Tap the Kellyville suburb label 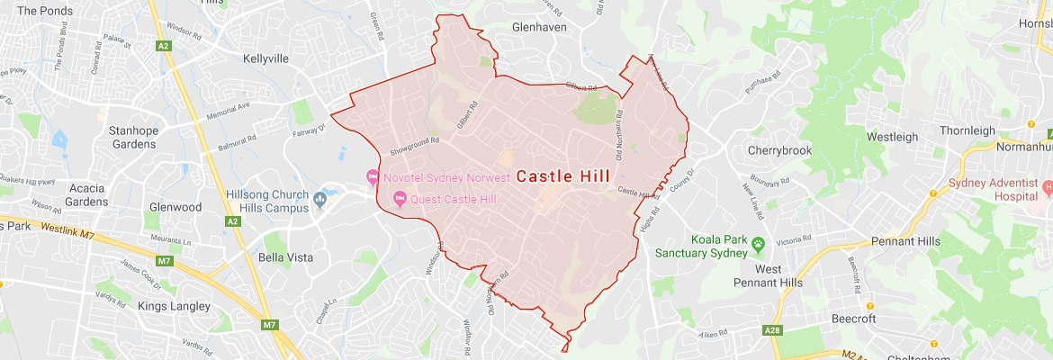(x=270, y=58)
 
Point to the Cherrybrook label (x=785, y=150)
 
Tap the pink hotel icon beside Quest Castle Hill (x=400, y=199)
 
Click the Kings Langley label (x=174, y=306)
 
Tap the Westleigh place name (x=892, y=137)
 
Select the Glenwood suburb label (x=175, y=207)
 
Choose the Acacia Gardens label (x=86, y=194)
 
